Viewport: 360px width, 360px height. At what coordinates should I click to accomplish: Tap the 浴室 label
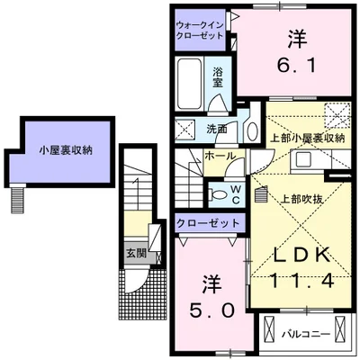tap(218, 76)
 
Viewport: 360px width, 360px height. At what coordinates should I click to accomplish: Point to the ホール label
tap(221, 156)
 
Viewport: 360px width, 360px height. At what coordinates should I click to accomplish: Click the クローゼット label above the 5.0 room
tap(209, 222)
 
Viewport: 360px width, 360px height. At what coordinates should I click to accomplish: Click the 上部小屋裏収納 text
tap(308, 139)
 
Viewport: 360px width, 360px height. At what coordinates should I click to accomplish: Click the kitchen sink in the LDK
tap(302, 161)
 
